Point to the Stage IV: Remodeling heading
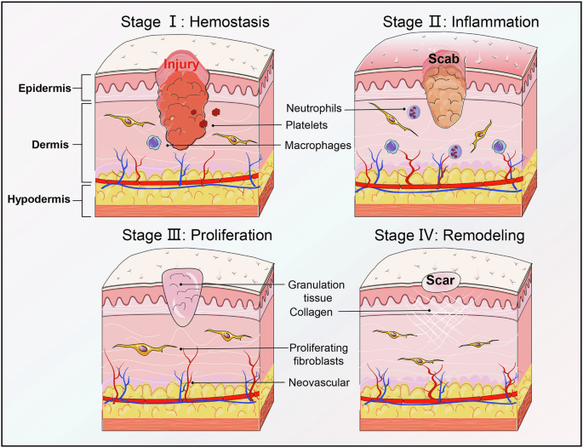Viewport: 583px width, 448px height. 455,233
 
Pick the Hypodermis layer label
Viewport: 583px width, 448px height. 39,201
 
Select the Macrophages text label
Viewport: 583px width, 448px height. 319,145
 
